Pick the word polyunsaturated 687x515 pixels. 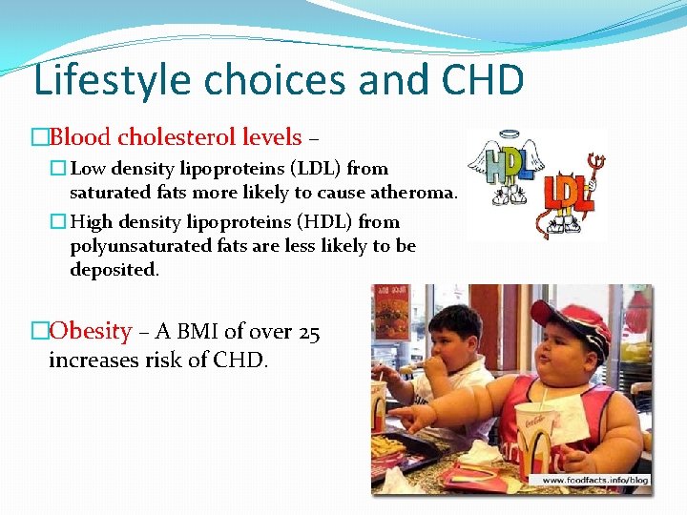tap(140, 246)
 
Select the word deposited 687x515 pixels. tap(114, 270)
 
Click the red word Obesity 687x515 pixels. tap(90, 332)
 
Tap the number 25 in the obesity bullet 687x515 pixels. tap(308, 332)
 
